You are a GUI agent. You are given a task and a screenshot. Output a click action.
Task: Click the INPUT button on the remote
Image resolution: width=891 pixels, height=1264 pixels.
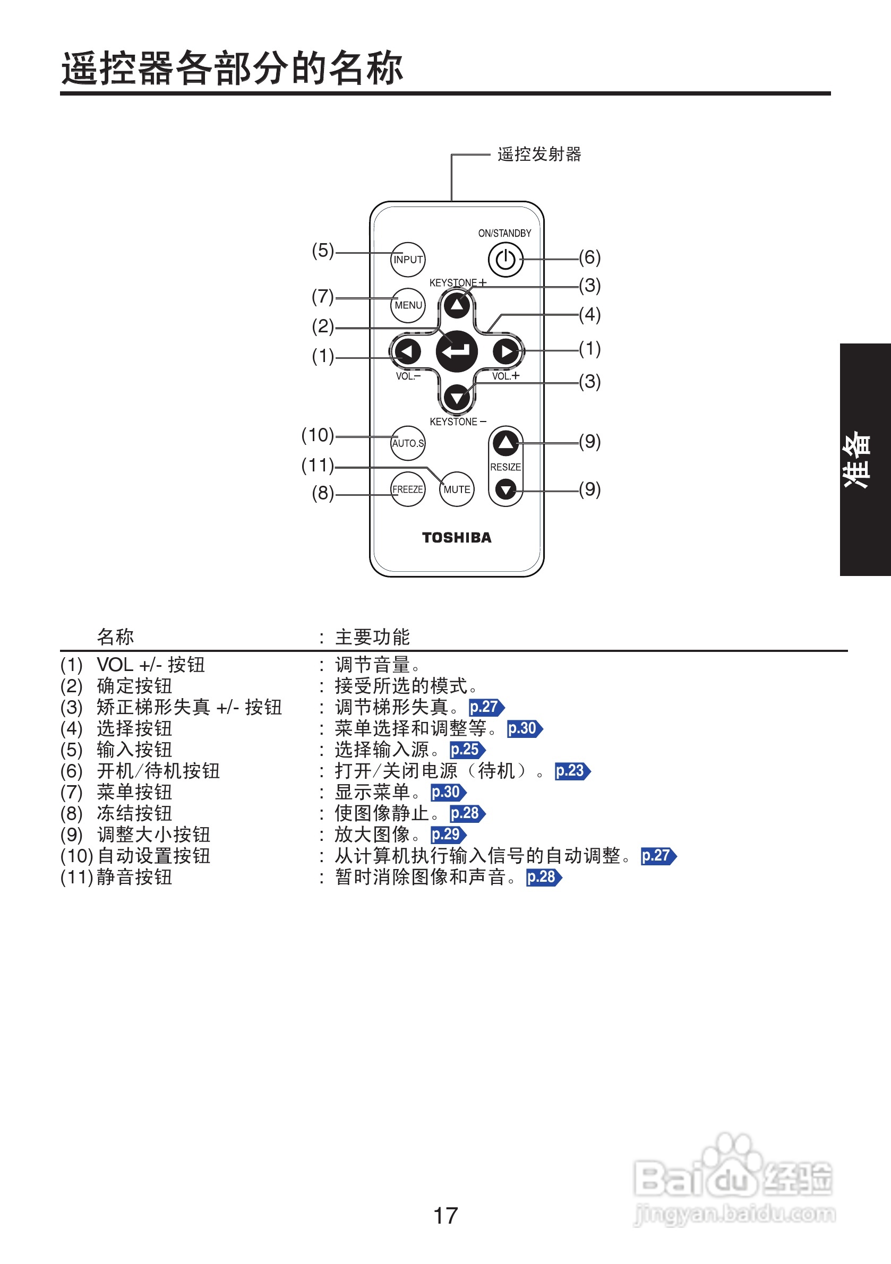tap(407, 259)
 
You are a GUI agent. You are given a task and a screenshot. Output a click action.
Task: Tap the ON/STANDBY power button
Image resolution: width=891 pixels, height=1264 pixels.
tap(505, 259)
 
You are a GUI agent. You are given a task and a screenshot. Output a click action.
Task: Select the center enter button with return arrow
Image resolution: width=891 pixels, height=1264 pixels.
tap(457, 351)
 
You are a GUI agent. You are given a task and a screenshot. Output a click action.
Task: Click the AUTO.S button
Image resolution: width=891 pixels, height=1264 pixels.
tap(407, 443)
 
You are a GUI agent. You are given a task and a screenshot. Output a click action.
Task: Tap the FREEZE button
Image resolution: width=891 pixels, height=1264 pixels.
tap(407, 489)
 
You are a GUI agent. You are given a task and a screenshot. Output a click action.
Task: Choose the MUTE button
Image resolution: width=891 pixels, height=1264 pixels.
tap(457, 489)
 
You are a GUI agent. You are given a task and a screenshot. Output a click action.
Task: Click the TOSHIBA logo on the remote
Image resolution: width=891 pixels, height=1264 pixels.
tap(457, 537)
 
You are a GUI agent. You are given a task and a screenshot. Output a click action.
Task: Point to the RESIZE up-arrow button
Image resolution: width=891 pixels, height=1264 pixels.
tap(506, 442)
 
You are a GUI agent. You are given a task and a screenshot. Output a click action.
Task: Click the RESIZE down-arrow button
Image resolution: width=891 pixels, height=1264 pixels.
tap(506, 489)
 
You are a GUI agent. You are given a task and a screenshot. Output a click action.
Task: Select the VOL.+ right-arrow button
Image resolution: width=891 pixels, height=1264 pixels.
tap(506, 351)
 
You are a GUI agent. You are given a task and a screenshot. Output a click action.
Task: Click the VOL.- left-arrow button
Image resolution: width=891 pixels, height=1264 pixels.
tap(407, 351)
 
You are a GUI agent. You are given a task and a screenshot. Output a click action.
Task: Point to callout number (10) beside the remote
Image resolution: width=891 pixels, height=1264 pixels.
tap(318, 435)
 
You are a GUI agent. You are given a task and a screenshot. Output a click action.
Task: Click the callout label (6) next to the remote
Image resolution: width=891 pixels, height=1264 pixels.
tap(590, 257)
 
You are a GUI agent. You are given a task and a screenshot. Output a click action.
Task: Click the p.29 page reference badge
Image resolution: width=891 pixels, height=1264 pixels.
tap(448, 835)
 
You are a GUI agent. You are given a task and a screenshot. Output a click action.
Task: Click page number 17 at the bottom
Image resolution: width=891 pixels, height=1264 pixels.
tap(445, 1216)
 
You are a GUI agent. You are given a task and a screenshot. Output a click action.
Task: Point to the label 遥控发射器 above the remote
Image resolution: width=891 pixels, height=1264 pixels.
tap(539, 154)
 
